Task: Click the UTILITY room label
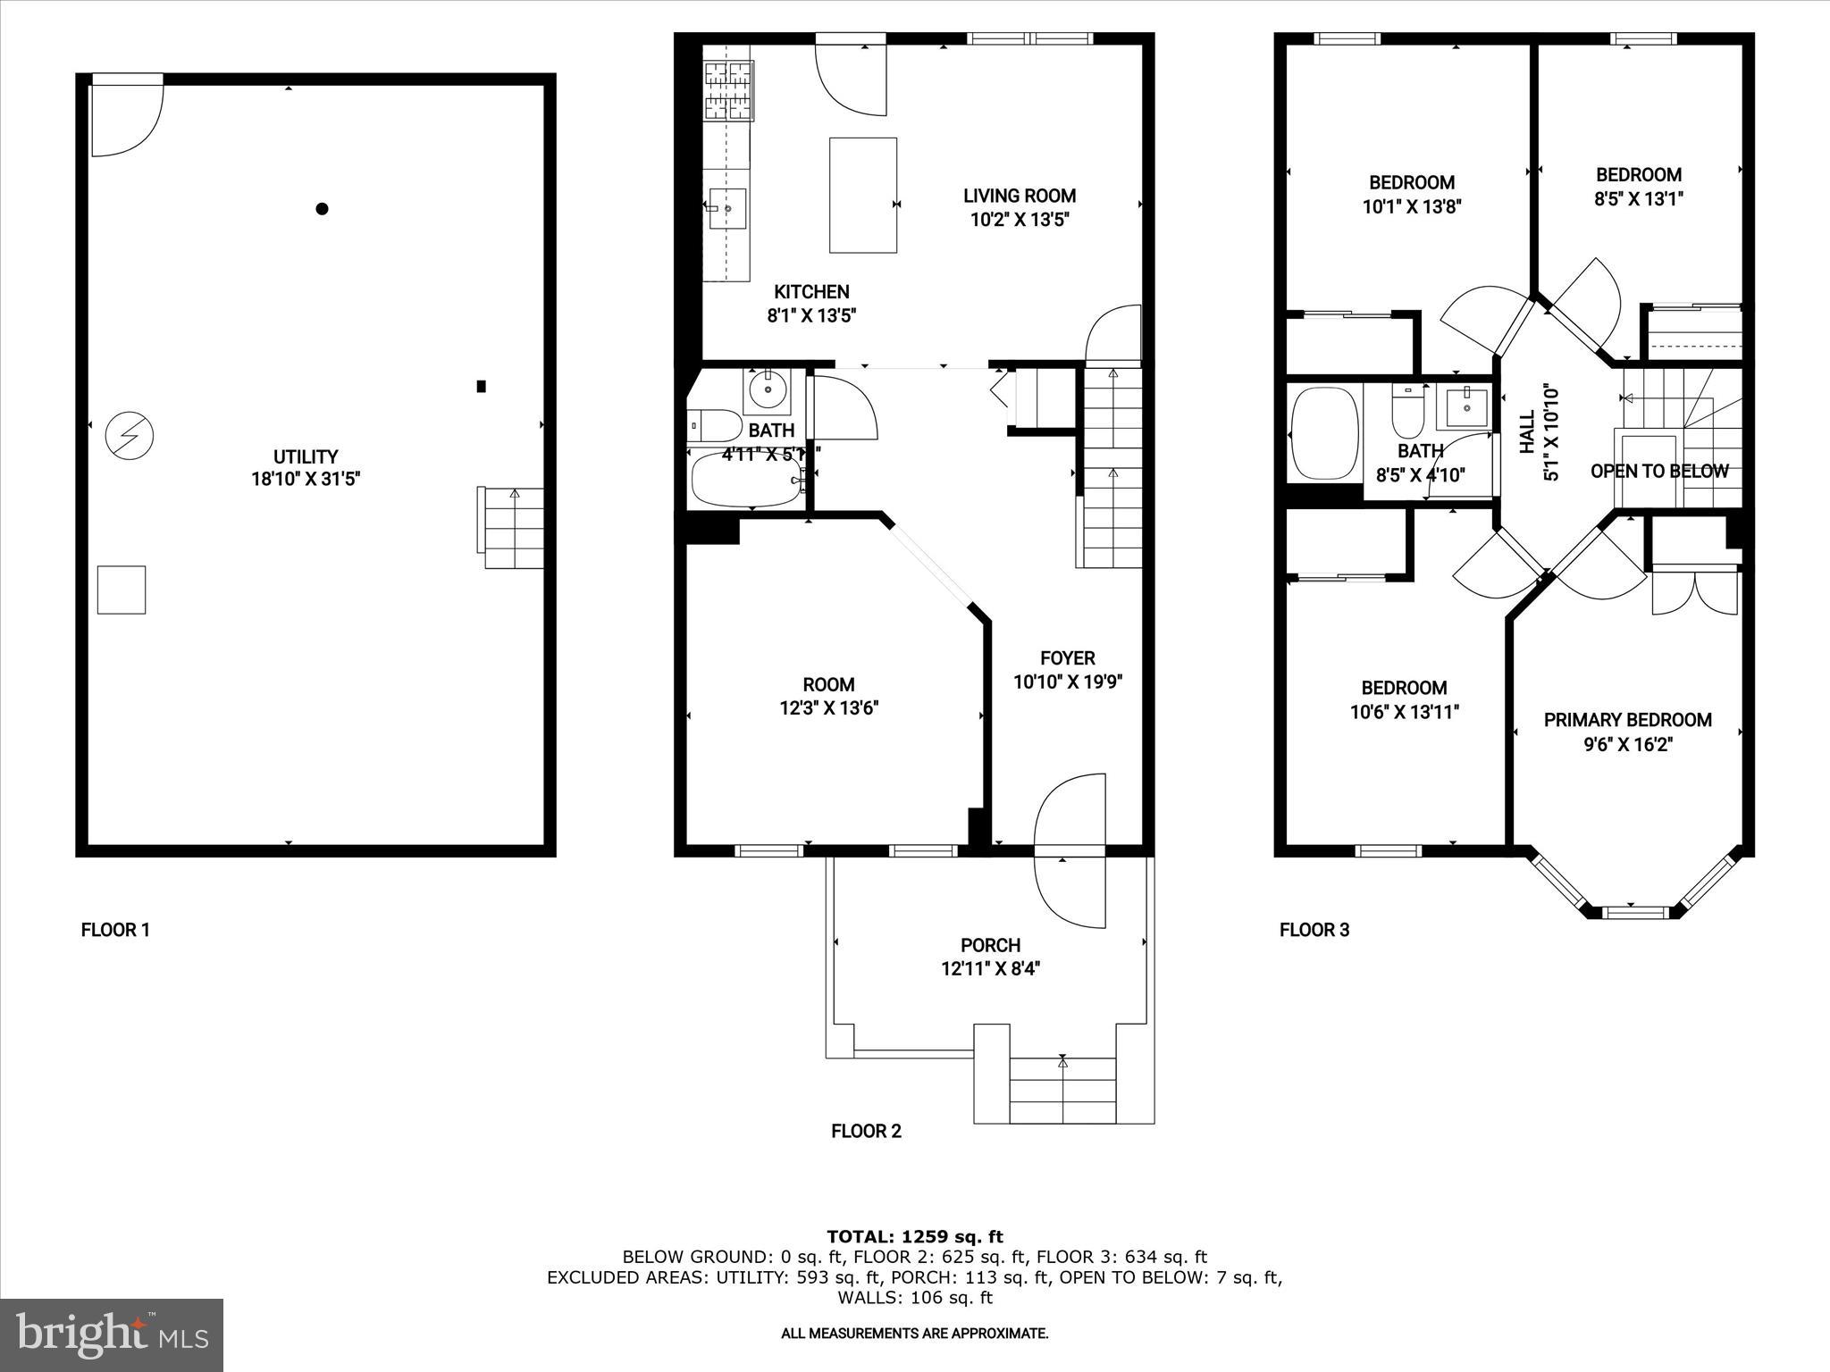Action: [306, 456]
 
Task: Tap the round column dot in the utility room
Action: [323, 209]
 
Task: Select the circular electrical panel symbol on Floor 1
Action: [130, 436]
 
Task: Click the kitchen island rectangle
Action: [862, 195]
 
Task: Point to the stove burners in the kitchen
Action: [728, 89]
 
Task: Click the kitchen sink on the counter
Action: [727, 208]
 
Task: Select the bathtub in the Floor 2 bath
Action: [747, 480]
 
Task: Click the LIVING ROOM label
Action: [1019, 196]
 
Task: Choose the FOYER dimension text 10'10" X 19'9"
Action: [1067, 682]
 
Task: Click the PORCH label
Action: [990, 945]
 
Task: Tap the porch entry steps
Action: [1062, 1091]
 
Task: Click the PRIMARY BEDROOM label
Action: [1627, 720]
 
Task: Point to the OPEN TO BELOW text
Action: [1659, 471]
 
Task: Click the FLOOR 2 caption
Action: [866, 1132]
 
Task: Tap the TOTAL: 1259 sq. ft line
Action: [914, 1237]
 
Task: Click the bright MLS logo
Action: [112, 1334]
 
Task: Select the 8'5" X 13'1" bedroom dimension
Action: [1638, 199]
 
